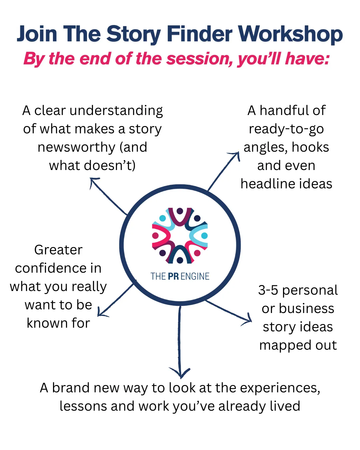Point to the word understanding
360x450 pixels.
coord(116,111)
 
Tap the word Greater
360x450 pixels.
coord(58,250)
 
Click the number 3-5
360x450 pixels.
coord(268,290)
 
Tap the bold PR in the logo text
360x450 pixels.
coord(173,276)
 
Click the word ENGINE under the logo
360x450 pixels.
coord(195,276)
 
